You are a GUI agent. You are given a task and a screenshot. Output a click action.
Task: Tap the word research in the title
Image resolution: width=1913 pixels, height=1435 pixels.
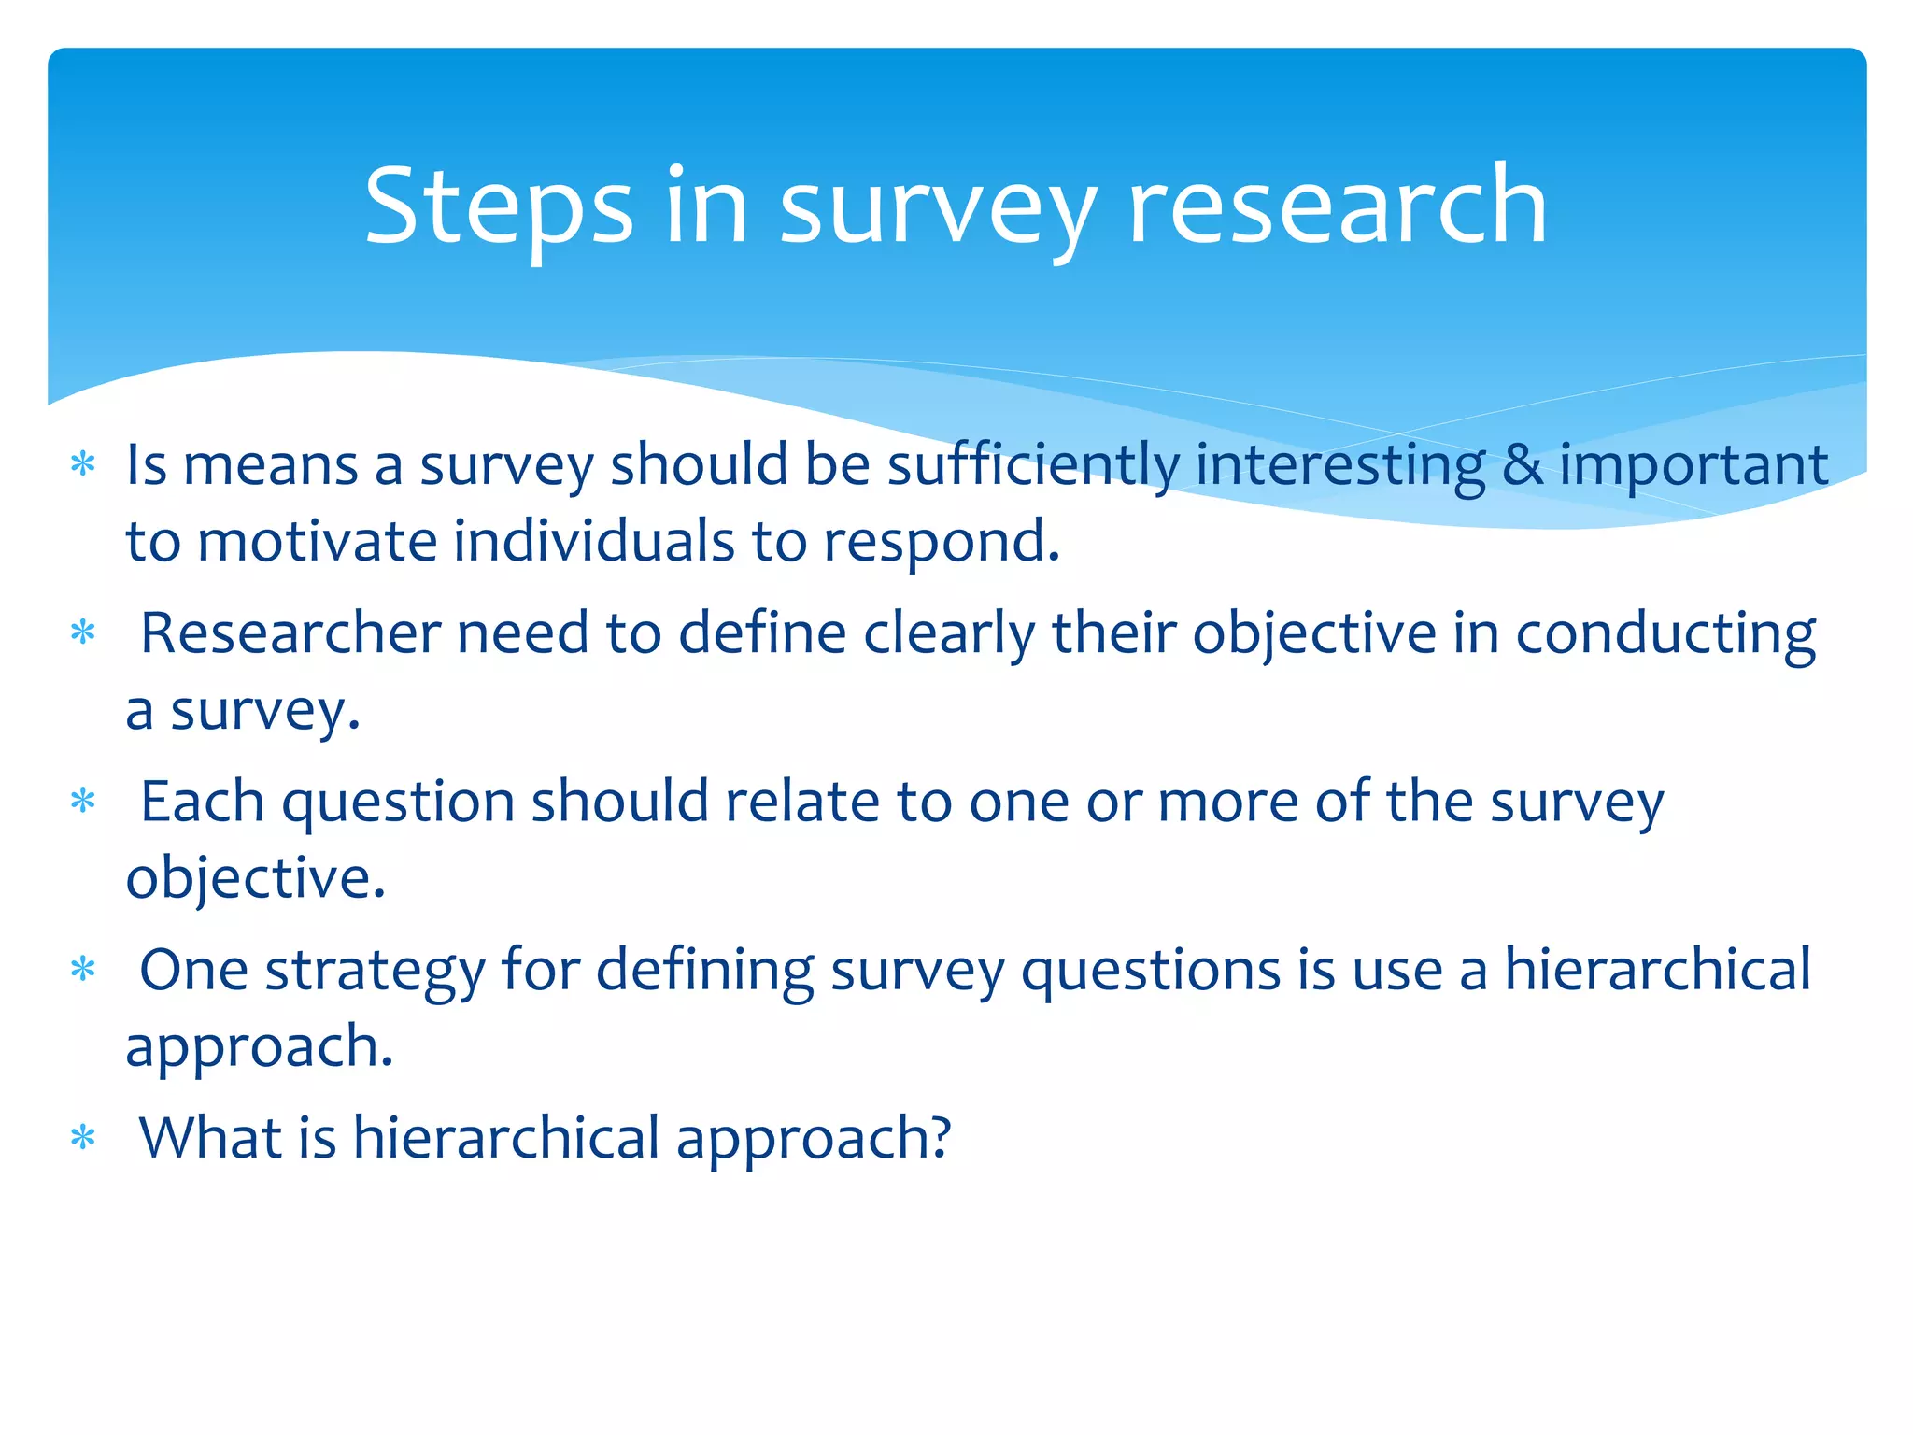tap(1338, 207)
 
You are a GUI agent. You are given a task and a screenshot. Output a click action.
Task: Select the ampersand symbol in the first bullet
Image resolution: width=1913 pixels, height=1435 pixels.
tap(1523, 465)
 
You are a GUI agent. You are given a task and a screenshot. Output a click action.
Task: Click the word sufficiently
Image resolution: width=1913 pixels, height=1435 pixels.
tap(1033, 465)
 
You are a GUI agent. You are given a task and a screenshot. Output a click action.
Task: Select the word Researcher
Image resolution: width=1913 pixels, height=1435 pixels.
tap(290, 633)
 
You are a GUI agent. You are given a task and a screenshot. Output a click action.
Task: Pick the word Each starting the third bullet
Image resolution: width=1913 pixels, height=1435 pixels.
tap(202, 802)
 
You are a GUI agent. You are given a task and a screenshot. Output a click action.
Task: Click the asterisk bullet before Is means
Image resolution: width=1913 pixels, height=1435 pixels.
tap(83, 464)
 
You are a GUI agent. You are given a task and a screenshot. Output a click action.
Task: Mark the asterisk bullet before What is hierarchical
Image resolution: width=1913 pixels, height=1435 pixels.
tap(83, 1138)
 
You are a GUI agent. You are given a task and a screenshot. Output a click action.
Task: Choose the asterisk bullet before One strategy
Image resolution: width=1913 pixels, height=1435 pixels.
tap(83, 970)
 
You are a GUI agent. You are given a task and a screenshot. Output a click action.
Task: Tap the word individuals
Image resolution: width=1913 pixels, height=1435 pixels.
tap(594, 542)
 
